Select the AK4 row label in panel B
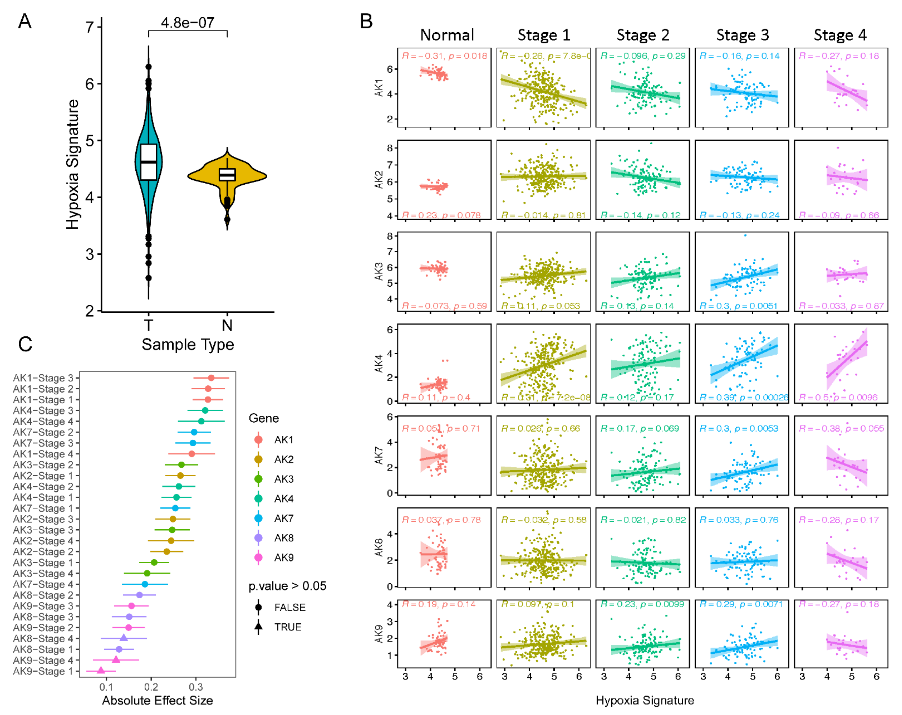pyautogui.click(x=379, y=363)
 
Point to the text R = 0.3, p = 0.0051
pyautogui.click(x=738, y=306)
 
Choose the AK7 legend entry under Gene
pyautogui.click(x=284, y=518)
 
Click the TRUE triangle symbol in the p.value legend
pyautogui.click(x=258, y=627)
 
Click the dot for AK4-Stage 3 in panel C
pyautogui.click(x=205, y=411)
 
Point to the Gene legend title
pyautogui.click(x=264, y=418)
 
